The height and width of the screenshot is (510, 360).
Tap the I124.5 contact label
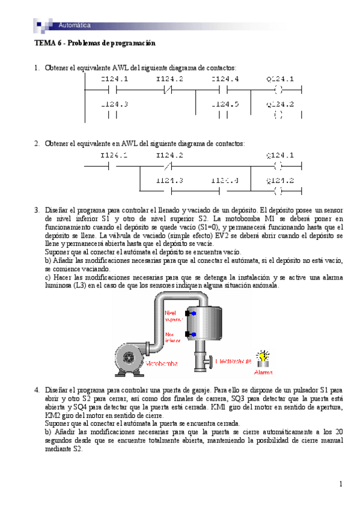coord(225,104)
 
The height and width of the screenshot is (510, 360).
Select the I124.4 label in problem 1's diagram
coord(225,79)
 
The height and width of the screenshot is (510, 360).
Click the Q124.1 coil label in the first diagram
coord(280,79)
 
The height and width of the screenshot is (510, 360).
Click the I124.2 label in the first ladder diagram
coord(169,79)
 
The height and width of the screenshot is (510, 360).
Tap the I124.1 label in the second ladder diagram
coord(114,155)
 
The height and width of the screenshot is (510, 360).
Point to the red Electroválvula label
coord(233,362)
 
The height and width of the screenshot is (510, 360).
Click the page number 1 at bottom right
coord(340,484)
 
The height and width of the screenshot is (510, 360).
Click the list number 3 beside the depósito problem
coord(37,209)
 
